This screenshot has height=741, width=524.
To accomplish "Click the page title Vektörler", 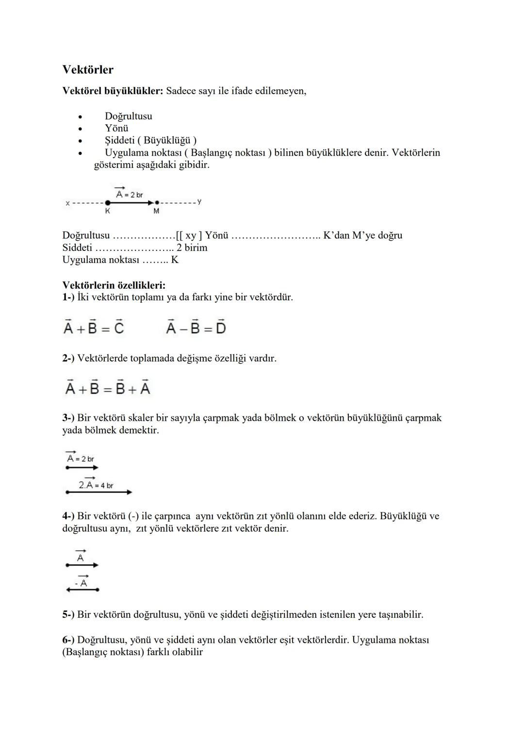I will (x=88, y=70).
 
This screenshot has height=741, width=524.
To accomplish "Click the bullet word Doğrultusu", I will (x=128, y=116).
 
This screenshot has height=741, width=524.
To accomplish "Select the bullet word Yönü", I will (x=116, y=128).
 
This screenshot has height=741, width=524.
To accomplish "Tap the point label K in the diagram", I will (x=107, y=212).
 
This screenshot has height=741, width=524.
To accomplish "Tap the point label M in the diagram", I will (x=156, y=212).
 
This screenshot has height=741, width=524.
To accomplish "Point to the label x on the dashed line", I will (x=67, y=203).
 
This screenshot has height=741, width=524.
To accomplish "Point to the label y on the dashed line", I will (x=199, y=202).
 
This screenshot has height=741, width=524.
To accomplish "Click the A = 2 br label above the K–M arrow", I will (x=129, y=194).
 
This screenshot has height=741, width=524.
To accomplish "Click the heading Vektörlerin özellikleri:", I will (x=114, y=285).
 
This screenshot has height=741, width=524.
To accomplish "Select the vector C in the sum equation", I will (x=119, y=328).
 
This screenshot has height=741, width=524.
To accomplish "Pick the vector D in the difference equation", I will (x=221, y=328).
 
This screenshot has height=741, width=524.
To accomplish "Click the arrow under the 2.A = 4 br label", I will (x=98, y=492).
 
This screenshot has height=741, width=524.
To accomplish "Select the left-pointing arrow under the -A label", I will (x=82, y=590).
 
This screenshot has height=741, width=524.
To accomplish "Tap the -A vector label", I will (x=82, y=583).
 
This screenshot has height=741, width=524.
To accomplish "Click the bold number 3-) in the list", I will (x=68, y=418).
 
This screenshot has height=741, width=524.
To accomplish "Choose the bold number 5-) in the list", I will (x=68, y=615).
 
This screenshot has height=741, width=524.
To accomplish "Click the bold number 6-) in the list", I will (x=68, y=640).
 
